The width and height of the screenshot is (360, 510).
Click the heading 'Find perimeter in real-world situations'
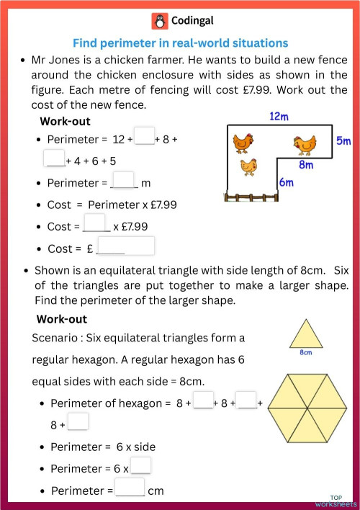[x=180, y=43]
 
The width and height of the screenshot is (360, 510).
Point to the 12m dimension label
[x=279, y=116]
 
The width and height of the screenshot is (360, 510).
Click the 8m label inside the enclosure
[x=306, y=164]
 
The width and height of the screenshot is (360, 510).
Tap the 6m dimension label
[x=287, y=182]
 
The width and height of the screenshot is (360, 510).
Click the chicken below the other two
[x=249, y=167]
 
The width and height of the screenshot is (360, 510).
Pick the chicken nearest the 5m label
[x=305, y=144]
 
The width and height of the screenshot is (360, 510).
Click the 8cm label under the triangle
[x=305, y=353]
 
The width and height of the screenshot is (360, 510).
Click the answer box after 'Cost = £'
[x=126, y=247]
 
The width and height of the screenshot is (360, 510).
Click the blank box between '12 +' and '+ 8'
[x=144, y=136]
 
